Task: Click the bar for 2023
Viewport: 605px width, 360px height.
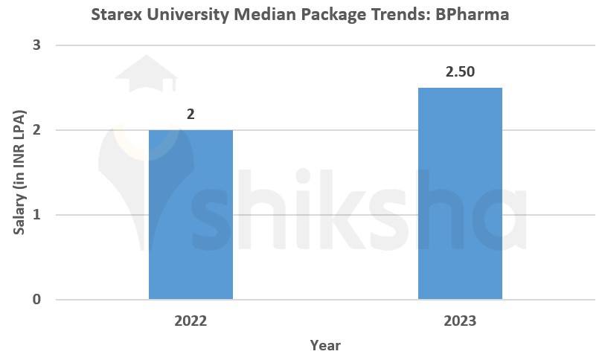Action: tap(460, 193)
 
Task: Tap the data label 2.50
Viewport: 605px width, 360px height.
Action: tap(460, 72)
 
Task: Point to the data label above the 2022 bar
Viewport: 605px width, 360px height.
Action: tap(191, 115)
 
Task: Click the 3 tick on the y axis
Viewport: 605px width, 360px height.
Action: tap(36, 45)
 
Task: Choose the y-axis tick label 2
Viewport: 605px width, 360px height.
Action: tap(36, 130)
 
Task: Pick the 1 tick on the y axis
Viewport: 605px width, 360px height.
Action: tap(36, 215)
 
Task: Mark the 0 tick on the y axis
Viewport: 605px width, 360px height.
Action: tap(36, 300)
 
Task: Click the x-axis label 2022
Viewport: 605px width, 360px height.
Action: tap(191, 322)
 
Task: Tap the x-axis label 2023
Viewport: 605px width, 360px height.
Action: tap(460, 322)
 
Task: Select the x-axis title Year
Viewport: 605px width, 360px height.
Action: tap(325, 345)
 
